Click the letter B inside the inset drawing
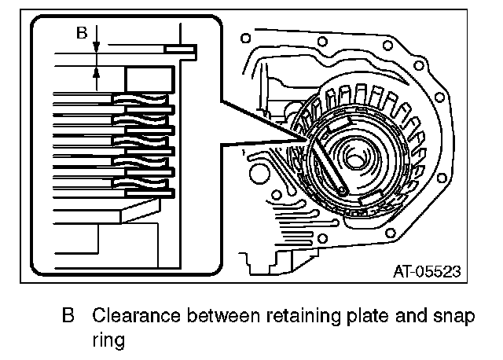click(x=80, y=33)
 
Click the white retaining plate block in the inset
click(x=149, y=79)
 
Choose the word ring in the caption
click(x=109, y=341)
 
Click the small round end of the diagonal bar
click(x=344, y=190)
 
